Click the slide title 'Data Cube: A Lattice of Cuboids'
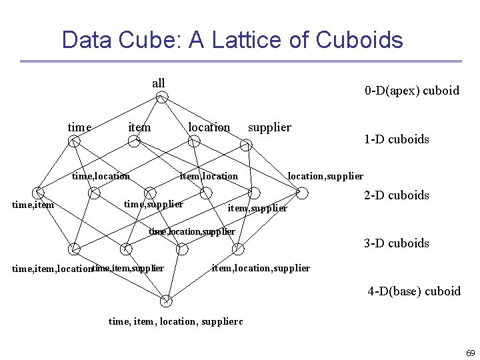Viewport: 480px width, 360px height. [232, 40]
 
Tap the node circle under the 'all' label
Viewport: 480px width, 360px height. [162, 98]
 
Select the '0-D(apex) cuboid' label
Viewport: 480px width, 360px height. [411, 91]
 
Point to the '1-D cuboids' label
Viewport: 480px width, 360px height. [396, 139]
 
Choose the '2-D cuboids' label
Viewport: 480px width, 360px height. [396, 195]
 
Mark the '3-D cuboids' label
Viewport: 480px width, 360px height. [396, 243]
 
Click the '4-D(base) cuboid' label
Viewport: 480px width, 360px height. [414, 291]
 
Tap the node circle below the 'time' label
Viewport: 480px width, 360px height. [75, 141]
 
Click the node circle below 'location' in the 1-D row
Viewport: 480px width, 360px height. [194, 141]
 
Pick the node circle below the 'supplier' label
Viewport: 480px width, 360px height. [246, 143]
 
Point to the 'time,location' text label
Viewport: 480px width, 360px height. [101, 176]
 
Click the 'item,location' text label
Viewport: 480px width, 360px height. [209, 176]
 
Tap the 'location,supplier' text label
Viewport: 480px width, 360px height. [325, 176]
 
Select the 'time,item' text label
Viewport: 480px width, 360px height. [33, 205]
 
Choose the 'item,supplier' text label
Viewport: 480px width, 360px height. [257, 209]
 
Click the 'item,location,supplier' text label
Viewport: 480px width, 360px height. [260, 268]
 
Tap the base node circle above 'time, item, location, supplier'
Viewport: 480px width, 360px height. [166, 301]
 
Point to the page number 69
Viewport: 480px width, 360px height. [470, 353]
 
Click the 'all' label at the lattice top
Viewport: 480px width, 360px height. [158, 83]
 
